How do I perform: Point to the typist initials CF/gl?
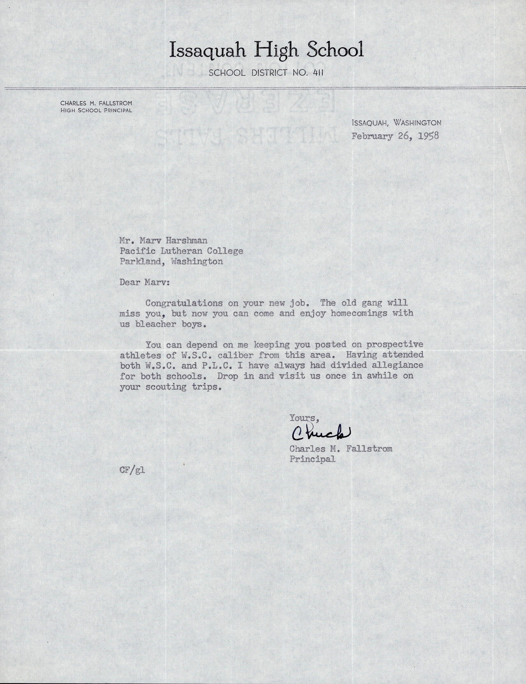(x=132, y=470)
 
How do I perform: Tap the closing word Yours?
(x=302, y=418)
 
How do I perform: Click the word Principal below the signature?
(x=312, y=459)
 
